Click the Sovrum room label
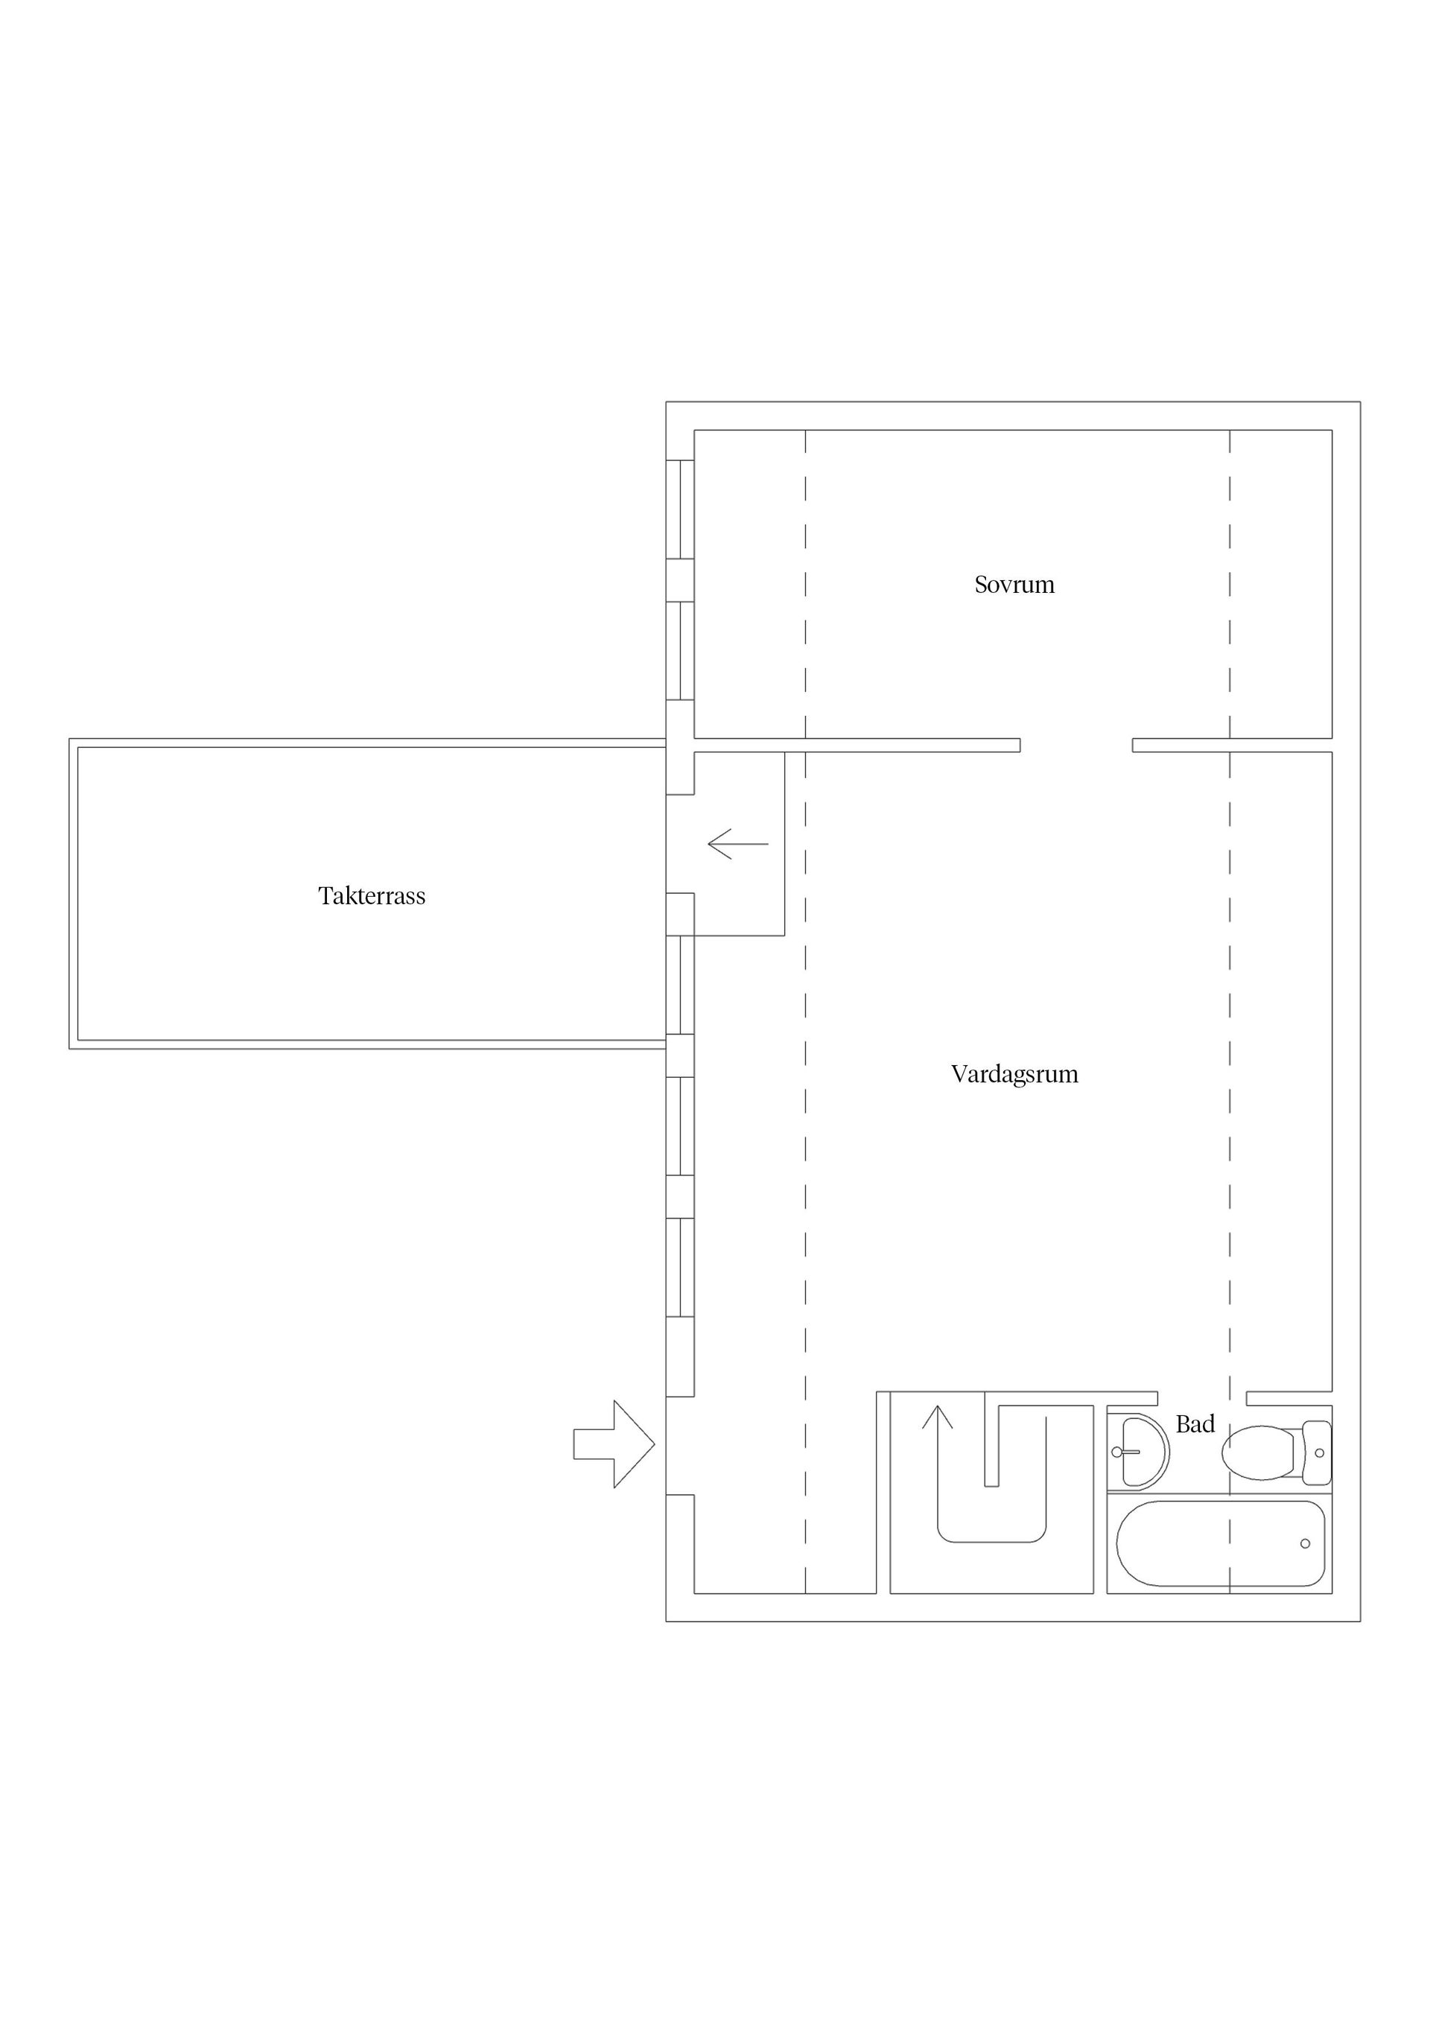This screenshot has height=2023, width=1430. click(x=1014, y=584)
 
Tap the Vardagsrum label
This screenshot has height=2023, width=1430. click(x=1014, y=1074)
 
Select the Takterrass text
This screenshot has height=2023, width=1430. click(x=372, y=896)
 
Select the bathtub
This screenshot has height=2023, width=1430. click(x=1220, y=1543)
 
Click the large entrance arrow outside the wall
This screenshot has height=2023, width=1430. click(x=614, y=1444)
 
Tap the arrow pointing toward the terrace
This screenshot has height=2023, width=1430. click(x=738, y=844)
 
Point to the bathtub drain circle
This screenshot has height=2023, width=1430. click(x=1305, y=1543)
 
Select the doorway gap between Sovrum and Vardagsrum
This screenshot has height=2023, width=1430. click(x=1075, y=746)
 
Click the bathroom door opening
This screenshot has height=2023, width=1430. click(x=1202, y=1398)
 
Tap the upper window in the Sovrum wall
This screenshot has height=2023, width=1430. click(x=680, y=509)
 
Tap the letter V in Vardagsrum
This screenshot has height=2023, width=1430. click(x=959, y=1074)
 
